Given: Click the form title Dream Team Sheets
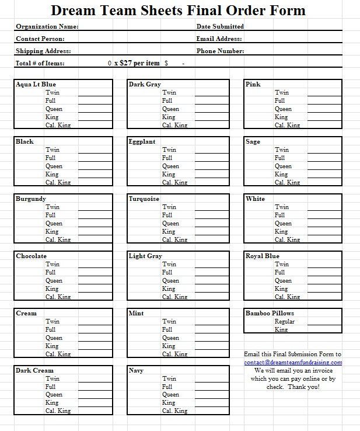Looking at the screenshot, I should click(178, 11).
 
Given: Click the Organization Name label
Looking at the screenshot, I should click(47, 27).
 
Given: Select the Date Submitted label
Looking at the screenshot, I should click(220, 26).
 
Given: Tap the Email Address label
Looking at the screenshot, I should click(219, 39).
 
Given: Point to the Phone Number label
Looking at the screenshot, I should click(220, 51).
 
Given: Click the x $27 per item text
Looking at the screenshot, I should click(137, 63).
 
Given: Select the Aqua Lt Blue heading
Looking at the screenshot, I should click(36, 84).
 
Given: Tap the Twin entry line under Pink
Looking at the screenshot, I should click(324, 92).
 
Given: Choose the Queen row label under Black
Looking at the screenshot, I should click(54, 166).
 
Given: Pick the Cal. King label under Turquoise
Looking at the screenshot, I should click(175, 239).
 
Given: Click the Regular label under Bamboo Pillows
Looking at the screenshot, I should click(285, 321).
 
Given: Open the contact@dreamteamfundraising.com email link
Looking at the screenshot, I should click(293, 362).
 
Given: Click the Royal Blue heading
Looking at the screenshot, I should click(263, 256).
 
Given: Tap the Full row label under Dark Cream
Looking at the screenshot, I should click(51, 387).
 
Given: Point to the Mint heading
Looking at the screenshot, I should click(136, 313).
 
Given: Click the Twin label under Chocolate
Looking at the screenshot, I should click(53, 264).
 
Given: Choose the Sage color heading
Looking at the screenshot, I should click(253, 141).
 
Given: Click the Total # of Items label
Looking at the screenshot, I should click(40, 63).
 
